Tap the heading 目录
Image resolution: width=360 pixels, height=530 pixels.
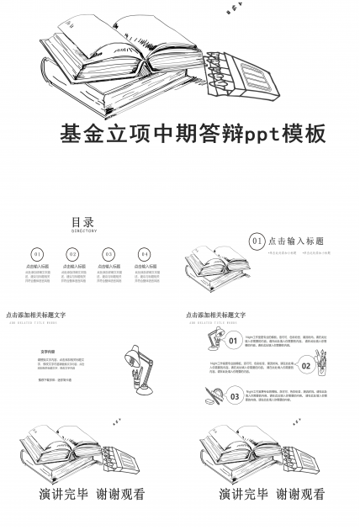(x=82, y=222)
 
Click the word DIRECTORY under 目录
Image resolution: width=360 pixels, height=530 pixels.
(x=83, y=231)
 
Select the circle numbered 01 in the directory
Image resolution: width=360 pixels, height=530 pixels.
(x=37, y=253)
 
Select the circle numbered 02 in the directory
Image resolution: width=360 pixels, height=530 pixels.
(x=72, y=253)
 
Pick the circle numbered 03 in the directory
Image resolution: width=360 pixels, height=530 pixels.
(x=109, y=253)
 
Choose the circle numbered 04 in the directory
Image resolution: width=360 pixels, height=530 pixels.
(x=144, y=253)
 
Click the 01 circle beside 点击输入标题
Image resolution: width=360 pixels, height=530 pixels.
(x=257, y=241)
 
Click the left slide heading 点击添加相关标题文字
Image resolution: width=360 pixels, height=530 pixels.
(x=35, y=315)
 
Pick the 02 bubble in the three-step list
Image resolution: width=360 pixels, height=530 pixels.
(x=306, y=365)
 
